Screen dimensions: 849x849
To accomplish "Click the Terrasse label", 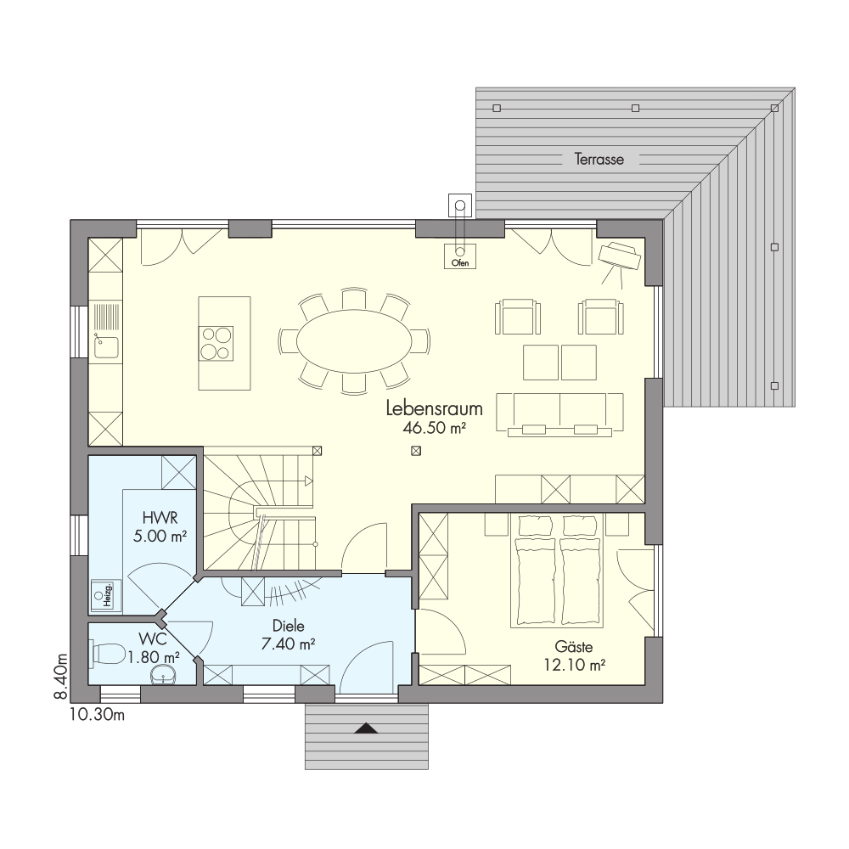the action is tap(599, 160).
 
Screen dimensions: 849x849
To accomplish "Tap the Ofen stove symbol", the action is tap(459, 256).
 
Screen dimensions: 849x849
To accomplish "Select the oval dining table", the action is tap(354, 340).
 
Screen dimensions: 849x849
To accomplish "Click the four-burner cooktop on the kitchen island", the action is tap(216, 343).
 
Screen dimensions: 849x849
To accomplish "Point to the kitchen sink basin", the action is tap(107, 347).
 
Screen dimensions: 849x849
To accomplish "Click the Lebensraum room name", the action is tap(434, 408).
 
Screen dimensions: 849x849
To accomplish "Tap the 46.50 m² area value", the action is tap(434, 428).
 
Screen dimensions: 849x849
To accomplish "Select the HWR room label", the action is tap(160, 518).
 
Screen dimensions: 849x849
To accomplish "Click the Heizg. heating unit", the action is tap(105, 596).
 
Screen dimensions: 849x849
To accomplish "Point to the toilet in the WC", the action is tap(109, 652).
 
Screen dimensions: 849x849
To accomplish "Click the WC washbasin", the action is tap(165, 675).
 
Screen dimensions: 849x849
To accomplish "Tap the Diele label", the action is tap(288, 626).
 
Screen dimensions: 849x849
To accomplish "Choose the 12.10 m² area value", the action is tap(574, 665).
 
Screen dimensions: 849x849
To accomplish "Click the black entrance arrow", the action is tap(367, 728).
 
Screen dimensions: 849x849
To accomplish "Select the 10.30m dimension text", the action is tap(97, 715).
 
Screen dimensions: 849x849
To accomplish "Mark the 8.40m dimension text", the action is tap(61, 677).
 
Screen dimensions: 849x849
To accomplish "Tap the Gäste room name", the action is tap(573, 646).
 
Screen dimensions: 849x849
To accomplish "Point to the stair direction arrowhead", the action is tap(309, 481).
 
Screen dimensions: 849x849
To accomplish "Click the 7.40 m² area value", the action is tap(288, 644).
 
